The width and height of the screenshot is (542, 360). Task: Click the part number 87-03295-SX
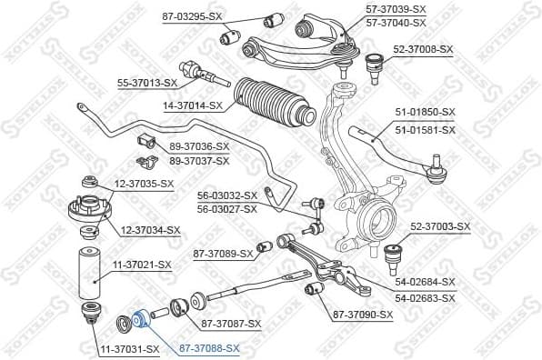(x=193, y=16)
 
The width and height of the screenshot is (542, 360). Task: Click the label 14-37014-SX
(x=194, y=105)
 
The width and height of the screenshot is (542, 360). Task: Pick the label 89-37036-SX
(x=199, y=146)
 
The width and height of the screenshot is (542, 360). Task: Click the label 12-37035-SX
(x=142, y=185)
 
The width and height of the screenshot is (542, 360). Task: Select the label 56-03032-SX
(x=227, y=195)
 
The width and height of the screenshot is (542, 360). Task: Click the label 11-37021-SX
(x=142, y=265)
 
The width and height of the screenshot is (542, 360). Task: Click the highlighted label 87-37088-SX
(x=210, y=348)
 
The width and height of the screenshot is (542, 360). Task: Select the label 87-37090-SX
(x=363, y=315)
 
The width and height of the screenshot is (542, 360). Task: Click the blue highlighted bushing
(x=140, y=319)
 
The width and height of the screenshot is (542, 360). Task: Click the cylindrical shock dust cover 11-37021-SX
(x=89, y=275)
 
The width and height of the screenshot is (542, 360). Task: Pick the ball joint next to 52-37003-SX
(x=396, y=253)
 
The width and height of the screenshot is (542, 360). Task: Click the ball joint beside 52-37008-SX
(x=373, y=66)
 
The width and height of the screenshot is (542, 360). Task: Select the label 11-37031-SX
(x=128, y=348)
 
